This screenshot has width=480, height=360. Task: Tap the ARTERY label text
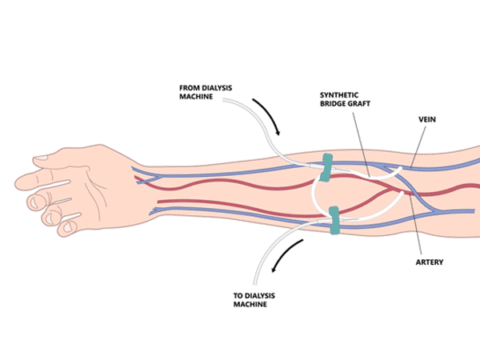click(x=430, y=262)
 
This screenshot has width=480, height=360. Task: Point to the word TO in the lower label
click(x=238, y=295)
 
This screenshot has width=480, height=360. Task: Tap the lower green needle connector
click(x=334, y=220)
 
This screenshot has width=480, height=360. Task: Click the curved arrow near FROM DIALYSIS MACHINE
click(x=267, y=114)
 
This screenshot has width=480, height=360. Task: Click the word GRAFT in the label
click(x=359, y=104)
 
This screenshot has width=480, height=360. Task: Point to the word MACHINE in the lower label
click(x=251, y=304)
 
